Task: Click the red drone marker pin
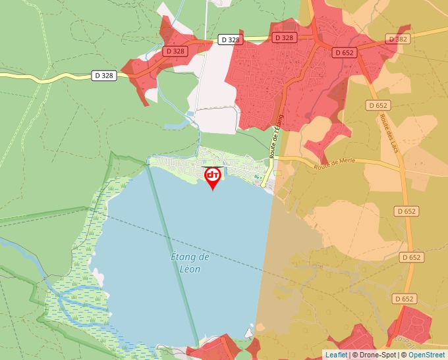click(213, 176)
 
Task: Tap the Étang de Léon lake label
click(190, 263)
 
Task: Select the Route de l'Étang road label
click(277, 136)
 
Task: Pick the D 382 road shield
click(398, 39)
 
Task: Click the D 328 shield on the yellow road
click(103, 76)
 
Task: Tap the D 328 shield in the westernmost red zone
click(175, 51)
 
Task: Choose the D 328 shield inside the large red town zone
click(284, 38)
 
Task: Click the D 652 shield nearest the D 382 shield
click(345, 52)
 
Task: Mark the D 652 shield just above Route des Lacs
click(378, 105)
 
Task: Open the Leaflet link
click(336, 355)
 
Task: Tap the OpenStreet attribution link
click(426, 355)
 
